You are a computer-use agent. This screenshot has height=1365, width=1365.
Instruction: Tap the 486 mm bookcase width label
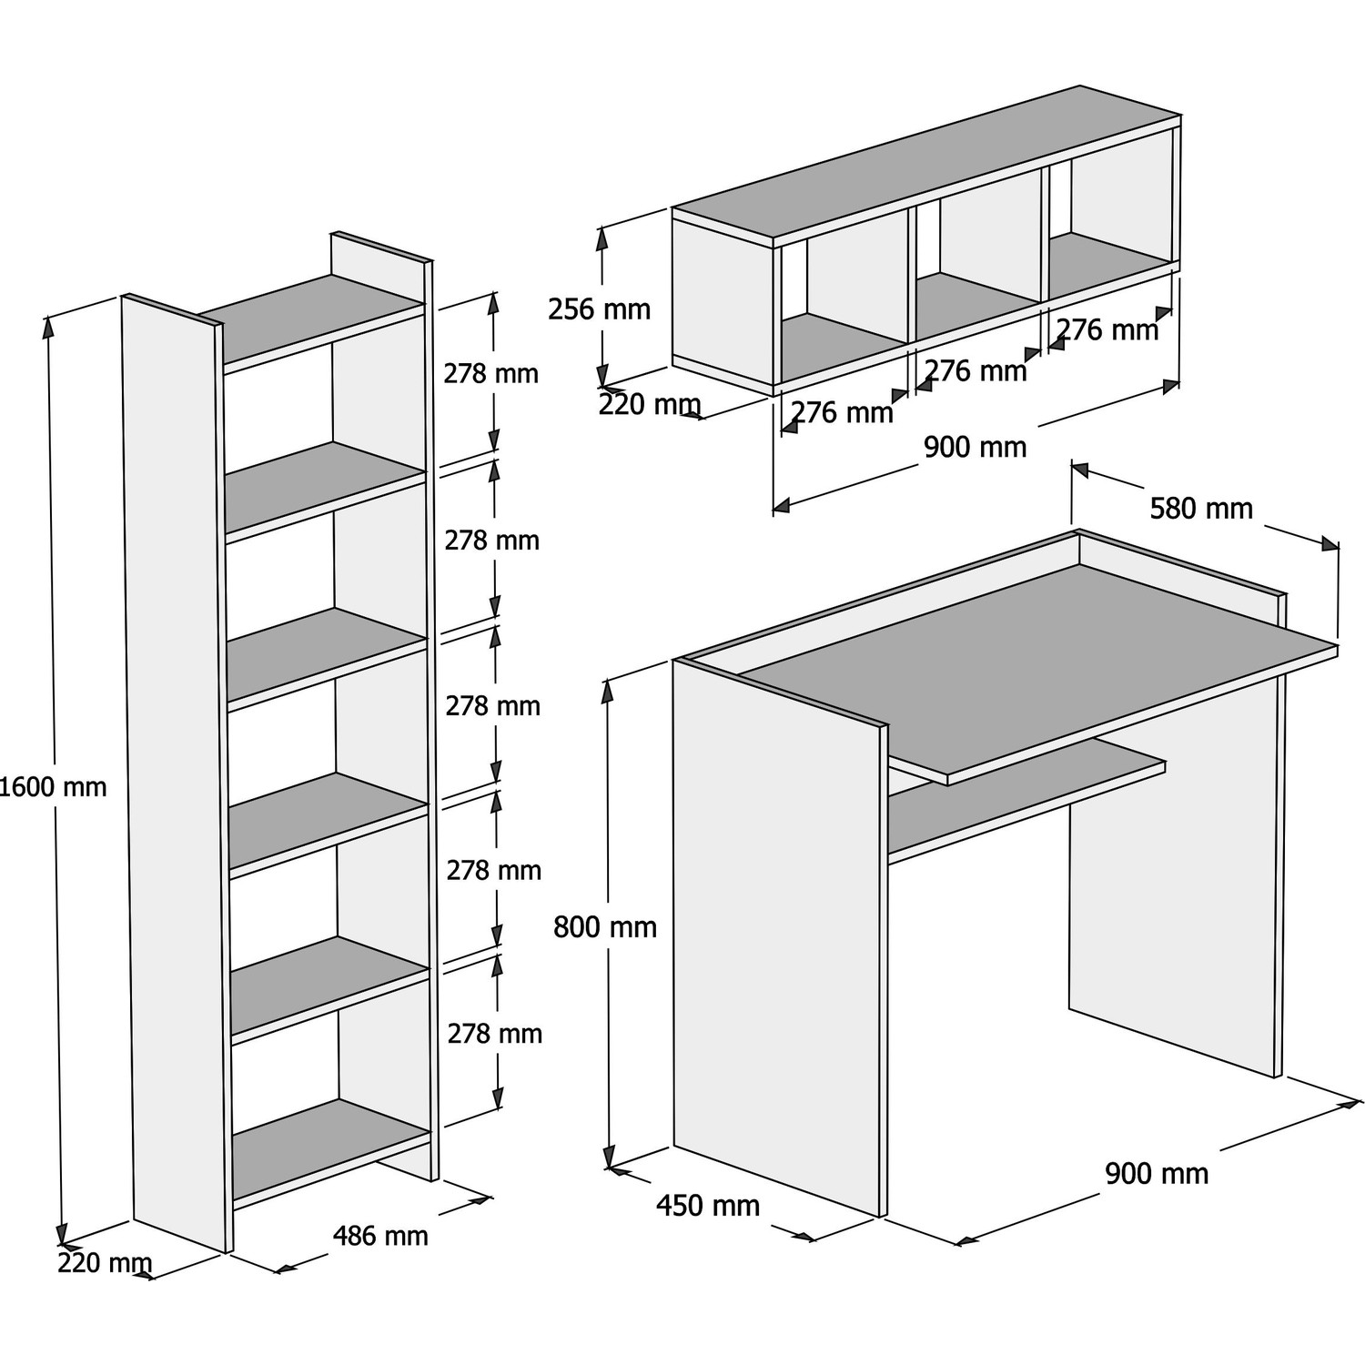tap(380, 1236)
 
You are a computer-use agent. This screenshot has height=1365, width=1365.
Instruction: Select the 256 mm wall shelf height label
tap(599, 309)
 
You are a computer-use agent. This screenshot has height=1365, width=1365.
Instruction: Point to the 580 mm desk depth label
tap(1201, 508)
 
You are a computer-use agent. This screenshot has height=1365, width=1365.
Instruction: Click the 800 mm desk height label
tap(605, 927)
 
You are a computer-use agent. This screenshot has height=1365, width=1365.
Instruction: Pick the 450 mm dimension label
tap(708, 1206)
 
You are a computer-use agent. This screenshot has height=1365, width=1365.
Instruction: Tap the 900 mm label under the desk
tap(1157, 1174)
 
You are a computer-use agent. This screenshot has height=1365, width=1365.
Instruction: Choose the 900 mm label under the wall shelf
tap(975, 447)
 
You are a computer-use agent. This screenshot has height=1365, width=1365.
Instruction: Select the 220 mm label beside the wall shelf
tap(649, 404)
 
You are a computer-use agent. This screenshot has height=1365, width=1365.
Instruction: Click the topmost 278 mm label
tap(491, 374)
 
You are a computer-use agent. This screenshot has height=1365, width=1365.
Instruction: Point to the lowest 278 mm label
tap(495, 1034)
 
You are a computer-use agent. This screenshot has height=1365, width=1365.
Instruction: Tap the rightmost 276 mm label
tap(1107, 329)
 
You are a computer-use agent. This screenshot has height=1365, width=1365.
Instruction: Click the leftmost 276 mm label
tap(842, 412)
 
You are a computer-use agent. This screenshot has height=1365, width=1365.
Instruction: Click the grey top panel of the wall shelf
tap(928, 164)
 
